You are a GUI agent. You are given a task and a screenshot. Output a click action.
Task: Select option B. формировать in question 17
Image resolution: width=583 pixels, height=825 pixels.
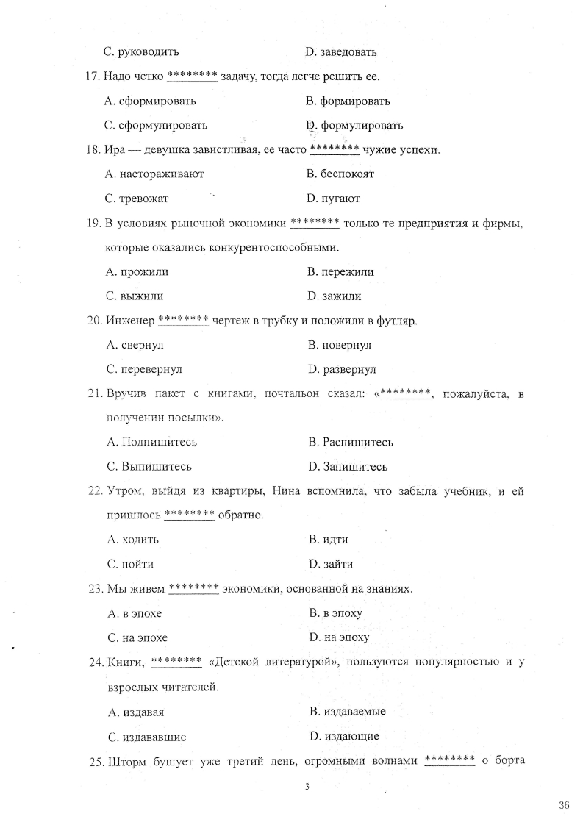click(x=348, y=101)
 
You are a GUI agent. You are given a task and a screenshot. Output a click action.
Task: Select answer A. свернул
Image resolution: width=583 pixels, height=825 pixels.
click(x=135, y=345)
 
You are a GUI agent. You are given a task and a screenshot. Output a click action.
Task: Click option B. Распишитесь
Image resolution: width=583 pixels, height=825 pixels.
click(x=351, y=443)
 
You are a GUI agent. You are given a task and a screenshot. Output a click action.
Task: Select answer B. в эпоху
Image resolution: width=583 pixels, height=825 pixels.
click(x=336, y=612)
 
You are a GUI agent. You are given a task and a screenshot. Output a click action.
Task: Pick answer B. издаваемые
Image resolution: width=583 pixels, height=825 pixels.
click(x=348, y=711)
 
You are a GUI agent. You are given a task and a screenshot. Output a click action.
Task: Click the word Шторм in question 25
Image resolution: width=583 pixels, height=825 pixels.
click(x=127, y=760)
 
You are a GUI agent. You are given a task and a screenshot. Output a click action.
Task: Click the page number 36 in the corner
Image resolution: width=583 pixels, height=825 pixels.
click(x=564, y=805)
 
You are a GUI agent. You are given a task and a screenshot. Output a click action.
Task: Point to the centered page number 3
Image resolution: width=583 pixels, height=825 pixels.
click(x=307, y=787)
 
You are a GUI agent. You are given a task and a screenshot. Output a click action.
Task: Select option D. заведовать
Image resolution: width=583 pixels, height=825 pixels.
click(x=341, y=52)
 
